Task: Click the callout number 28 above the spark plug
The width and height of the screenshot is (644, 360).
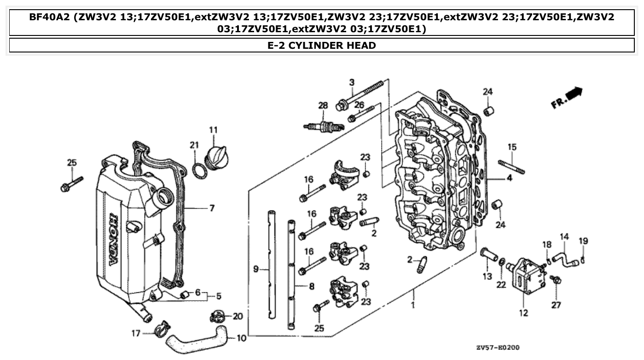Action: (323, 105)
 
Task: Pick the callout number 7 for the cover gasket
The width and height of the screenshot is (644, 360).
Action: (212, 209)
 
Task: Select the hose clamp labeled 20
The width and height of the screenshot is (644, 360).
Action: (219, 317)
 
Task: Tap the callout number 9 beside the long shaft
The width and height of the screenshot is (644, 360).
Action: (256, 270)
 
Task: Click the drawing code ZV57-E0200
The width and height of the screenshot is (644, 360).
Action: (498, 348)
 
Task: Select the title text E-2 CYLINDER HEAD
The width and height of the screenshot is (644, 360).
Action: (322, 45)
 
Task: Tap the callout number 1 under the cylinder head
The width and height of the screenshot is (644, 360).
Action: (413, 305)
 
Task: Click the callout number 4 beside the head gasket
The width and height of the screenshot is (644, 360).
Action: (510, 178)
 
